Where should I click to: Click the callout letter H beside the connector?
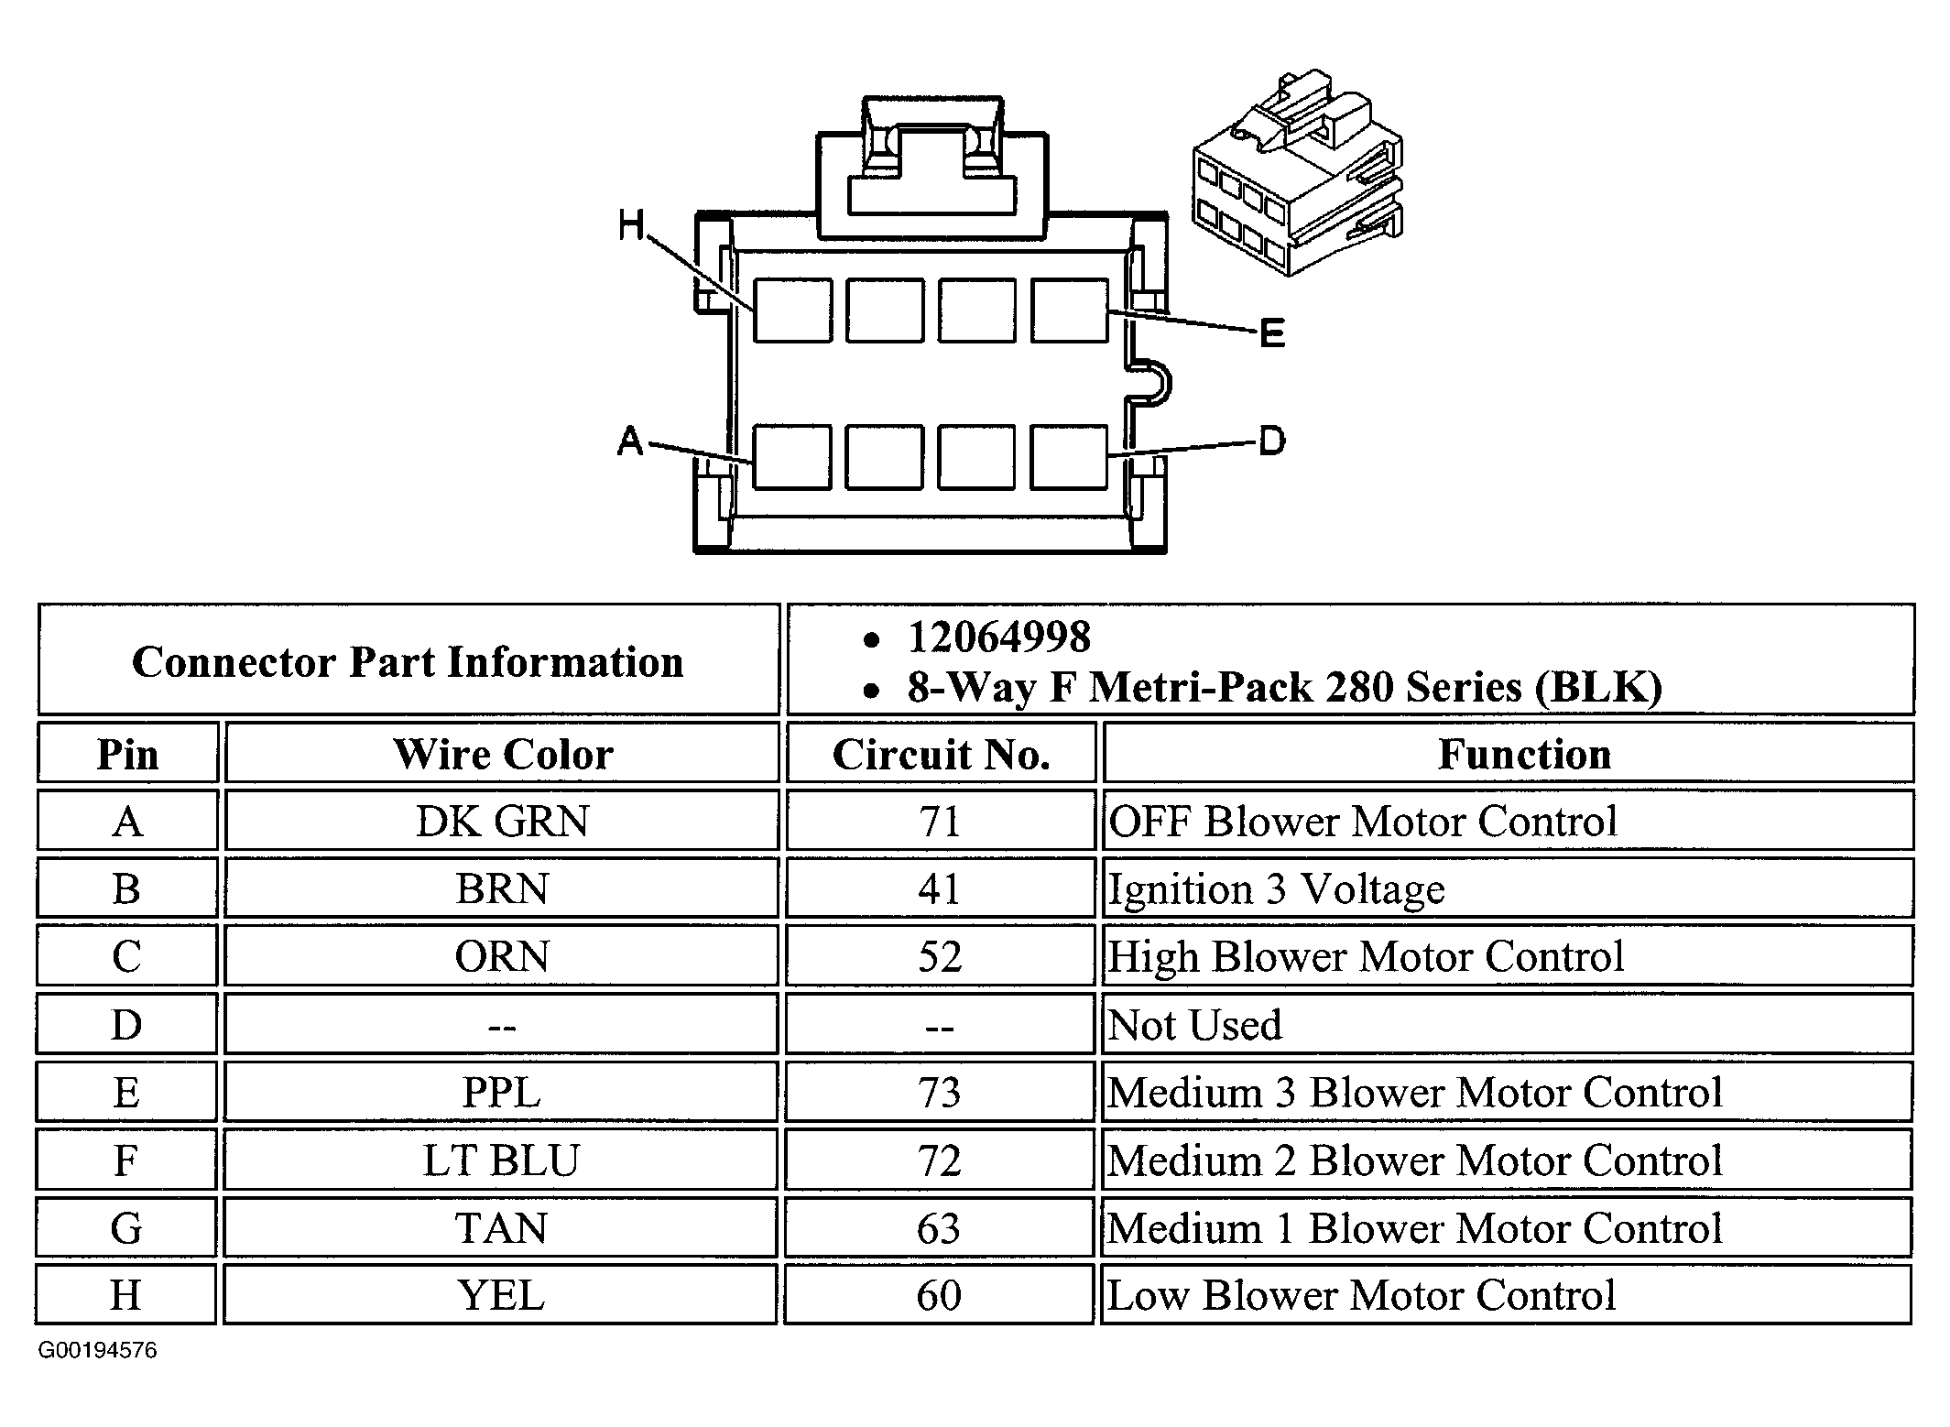point(631,224)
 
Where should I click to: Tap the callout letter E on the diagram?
point(1271,333)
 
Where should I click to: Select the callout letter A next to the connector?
point(630,441)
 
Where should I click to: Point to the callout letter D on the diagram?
point(1271,441)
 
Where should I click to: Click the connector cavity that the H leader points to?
point(792,311)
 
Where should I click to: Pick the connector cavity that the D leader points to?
point(1069,456)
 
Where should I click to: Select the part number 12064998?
point(998,637)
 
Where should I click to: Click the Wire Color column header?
point(502,754)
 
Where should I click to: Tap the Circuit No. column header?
point(941,754)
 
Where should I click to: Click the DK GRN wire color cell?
point(502,821)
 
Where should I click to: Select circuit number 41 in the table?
point(940,888)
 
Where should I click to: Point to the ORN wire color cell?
point(502,956)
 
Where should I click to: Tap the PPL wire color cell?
point(502,1092)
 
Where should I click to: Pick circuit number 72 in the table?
point(940,1160)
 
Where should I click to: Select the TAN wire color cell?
point(502,1228)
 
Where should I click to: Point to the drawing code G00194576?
point(97,1350)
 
